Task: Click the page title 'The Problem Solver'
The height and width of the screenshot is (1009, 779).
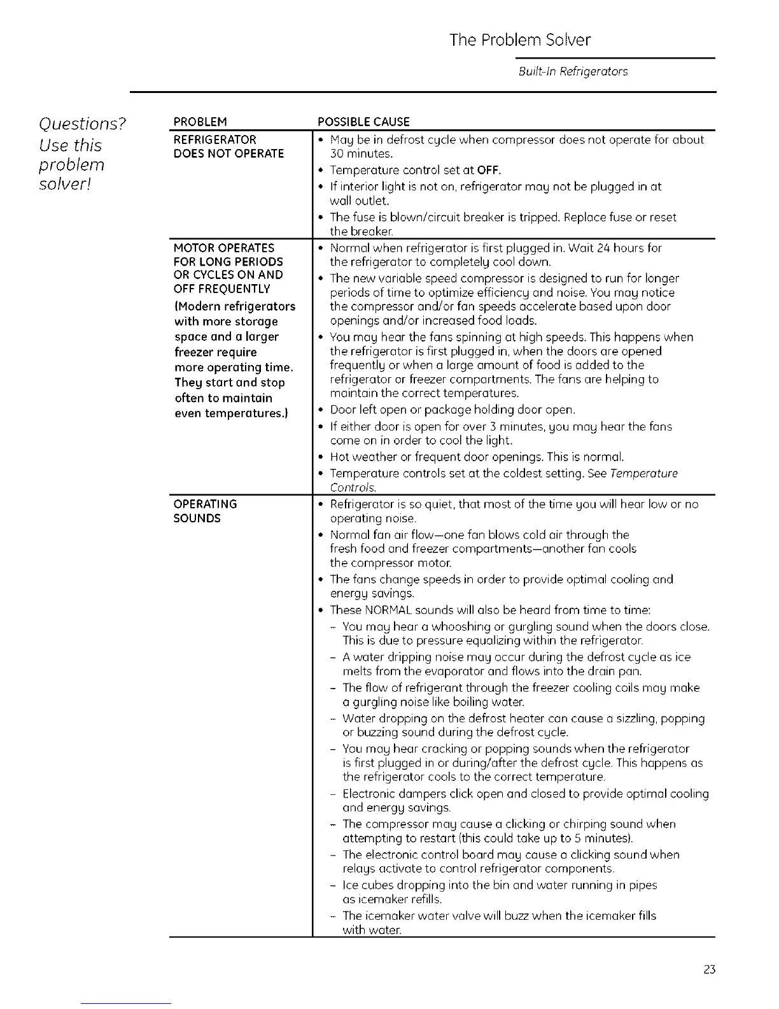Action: point(519,40)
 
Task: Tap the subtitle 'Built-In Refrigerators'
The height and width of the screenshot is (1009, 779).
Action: point(573,71)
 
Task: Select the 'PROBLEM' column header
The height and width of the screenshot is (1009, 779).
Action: point(200,122)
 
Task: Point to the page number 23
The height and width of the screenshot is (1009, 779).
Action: point(710,970)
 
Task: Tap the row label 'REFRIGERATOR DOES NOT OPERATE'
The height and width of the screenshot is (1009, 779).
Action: point(228,147)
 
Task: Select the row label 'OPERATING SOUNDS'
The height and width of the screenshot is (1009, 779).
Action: point(205,511)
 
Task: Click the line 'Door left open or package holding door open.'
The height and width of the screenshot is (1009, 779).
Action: point(453,410)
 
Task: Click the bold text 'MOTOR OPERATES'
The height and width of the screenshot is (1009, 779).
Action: point(224,248)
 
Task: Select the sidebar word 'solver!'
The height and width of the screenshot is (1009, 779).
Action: point(62,184)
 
